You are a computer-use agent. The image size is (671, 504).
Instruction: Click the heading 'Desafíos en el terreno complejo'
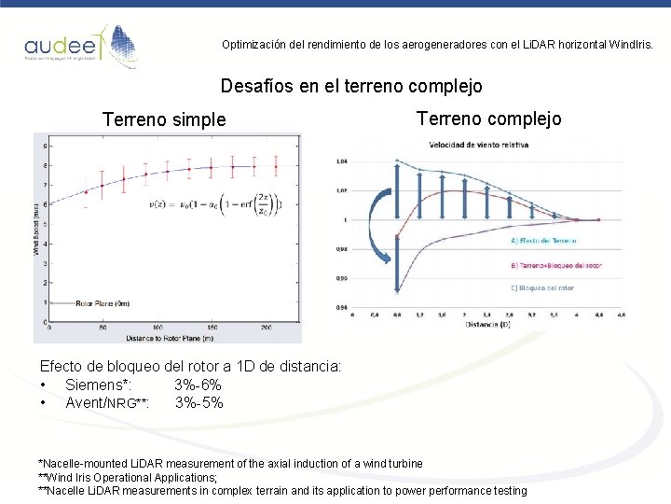pos(351,87)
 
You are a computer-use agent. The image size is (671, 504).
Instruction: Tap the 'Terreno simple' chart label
pos(164,119)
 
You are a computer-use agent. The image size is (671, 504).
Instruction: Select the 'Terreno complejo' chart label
pos(488,119)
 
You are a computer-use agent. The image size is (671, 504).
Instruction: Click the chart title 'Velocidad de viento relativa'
pos(478,145)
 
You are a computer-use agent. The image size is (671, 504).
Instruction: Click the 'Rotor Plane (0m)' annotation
pos(102,303)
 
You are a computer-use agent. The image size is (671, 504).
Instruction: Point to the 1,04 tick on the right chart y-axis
pos(341,161)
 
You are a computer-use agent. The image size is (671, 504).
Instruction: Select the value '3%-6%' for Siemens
pos(198,385)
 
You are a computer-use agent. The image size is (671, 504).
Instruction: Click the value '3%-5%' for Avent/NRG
pos(199,403)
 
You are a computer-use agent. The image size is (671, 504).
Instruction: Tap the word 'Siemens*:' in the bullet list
pos(98,385)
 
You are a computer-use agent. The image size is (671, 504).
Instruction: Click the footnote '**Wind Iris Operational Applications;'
pos(128,477)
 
